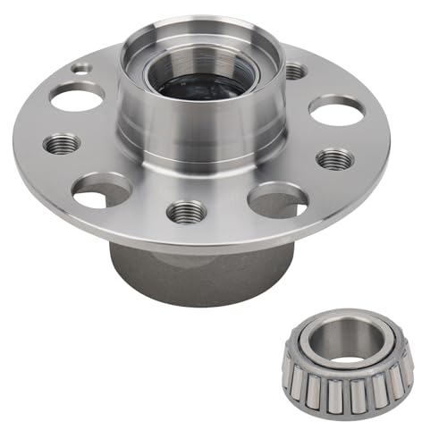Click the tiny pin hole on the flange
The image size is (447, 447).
pos(83,67)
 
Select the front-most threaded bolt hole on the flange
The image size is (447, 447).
pos(186,211)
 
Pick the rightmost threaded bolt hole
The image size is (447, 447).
pos(333,159)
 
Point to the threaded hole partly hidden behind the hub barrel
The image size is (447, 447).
pos(294,71)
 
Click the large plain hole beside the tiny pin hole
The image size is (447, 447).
pos(76,97)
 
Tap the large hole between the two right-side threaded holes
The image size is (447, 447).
pos(336,110)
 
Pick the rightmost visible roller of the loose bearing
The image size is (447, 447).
pos(406,362)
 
